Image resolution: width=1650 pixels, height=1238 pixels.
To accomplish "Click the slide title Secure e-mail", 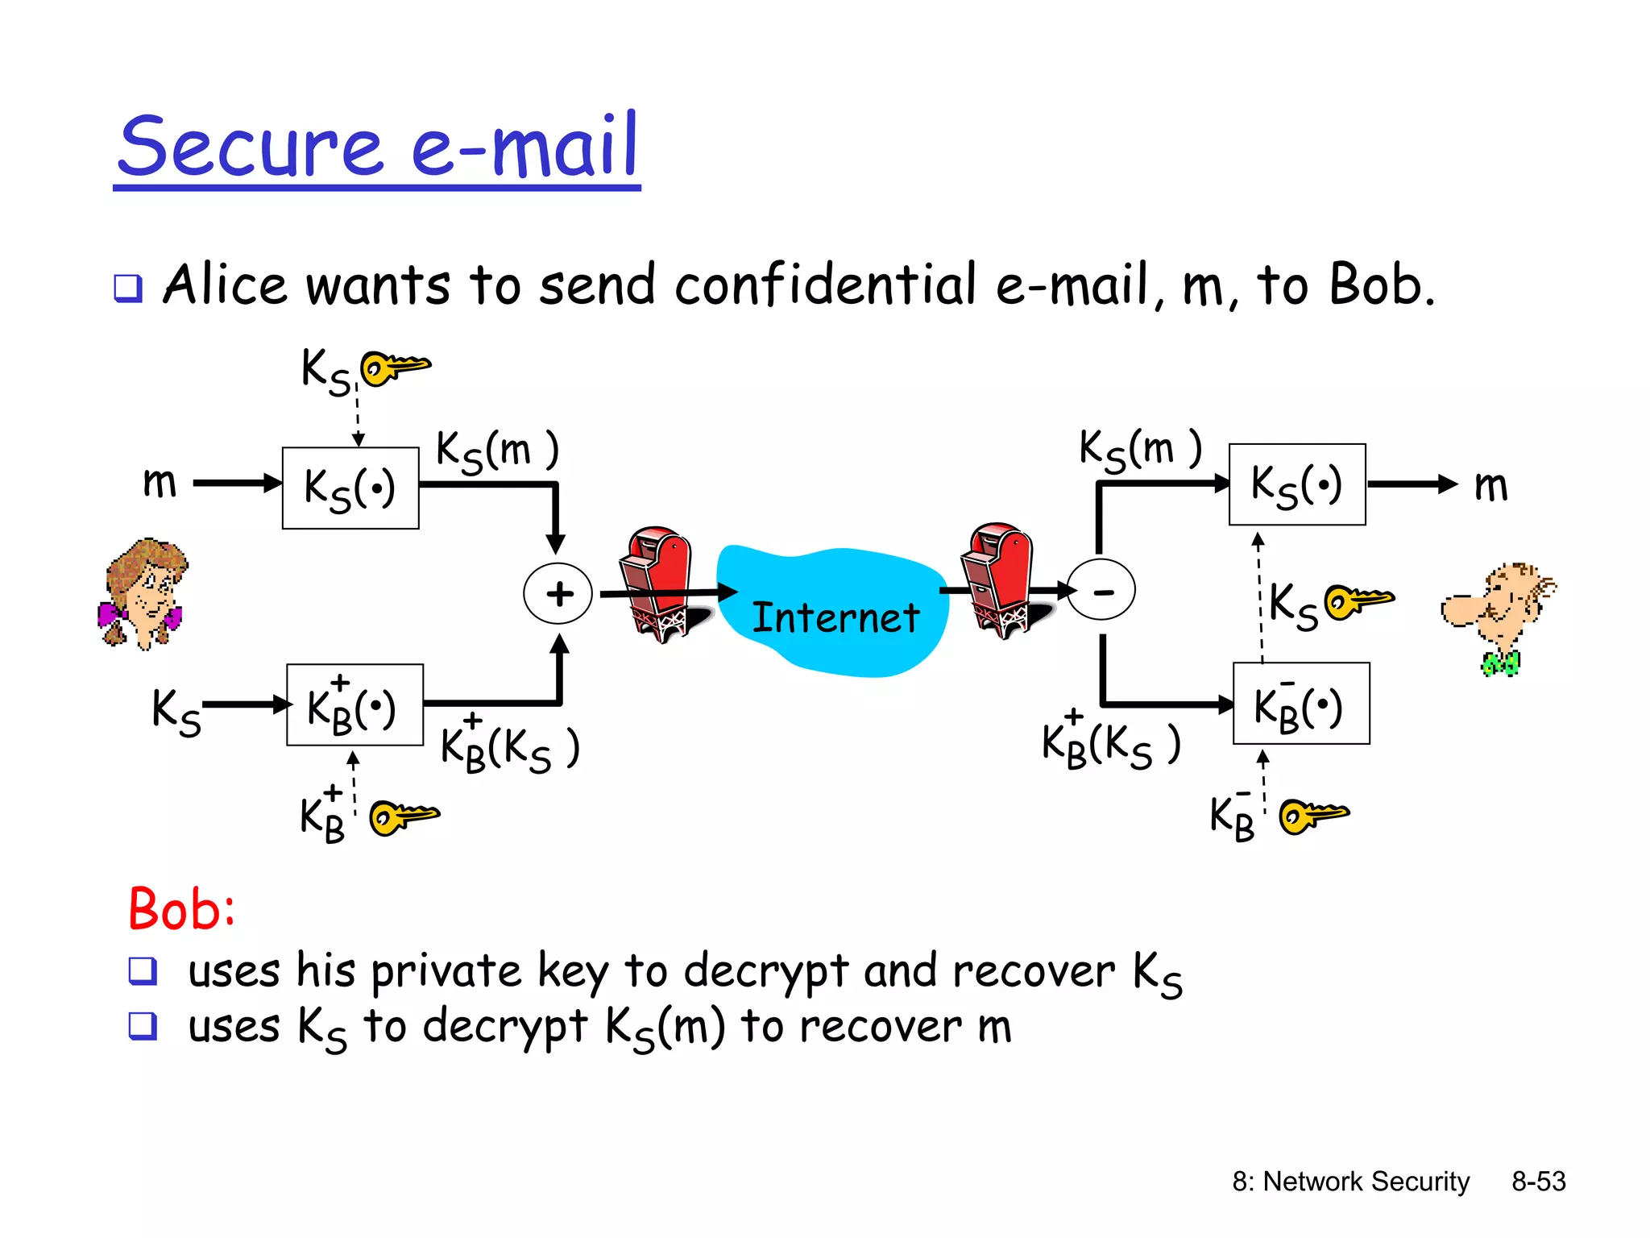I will pyautogui.click(x=377, y=147).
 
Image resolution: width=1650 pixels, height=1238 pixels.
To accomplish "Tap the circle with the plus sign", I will pyautogui.click(x=558, y=594).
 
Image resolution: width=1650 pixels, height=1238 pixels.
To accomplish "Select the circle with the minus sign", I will pyautogui.click(x=1101, y=591).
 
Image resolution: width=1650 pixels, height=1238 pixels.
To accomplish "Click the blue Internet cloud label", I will pyautogui.click(x=835, y=617).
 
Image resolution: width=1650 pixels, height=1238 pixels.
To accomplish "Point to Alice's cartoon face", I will pyautogui.click(x=143, y=593).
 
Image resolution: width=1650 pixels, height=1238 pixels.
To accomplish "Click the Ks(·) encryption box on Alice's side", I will pyautogui.click(x=350, y=488).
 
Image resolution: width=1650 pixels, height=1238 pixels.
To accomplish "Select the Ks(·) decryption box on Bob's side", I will pyautogui.click(x=1297, y=484).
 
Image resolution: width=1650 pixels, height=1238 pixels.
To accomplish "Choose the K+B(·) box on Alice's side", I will pyautogui.click(x=354, y=705).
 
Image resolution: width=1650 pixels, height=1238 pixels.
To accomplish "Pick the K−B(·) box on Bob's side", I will pyautogui.click(x=1301, y=704).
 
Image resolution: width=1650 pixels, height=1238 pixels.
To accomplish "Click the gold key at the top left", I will pyautogui.click(x=395, y=368).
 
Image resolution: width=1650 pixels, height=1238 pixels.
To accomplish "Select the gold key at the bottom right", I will pyautogui.click(x=1314, y=816).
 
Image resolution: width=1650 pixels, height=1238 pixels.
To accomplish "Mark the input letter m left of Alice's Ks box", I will pyautogui.click(x=160, y=483).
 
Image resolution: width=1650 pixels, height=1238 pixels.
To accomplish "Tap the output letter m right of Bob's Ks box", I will pyautogui.click(x=1490, y=486).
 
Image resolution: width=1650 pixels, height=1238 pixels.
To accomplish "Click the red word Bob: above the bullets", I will pyautogui.click(x=182, y=909).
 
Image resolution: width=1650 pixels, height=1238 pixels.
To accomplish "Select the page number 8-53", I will pyautogui.click(x=1538, y=1182).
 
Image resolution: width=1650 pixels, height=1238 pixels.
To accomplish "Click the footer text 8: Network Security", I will pyautogui.click(x=1350, y=1182).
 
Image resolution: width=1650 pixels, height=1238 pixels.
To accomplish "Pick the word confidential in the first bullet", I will pyautogui.click(x=826, y=285).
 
